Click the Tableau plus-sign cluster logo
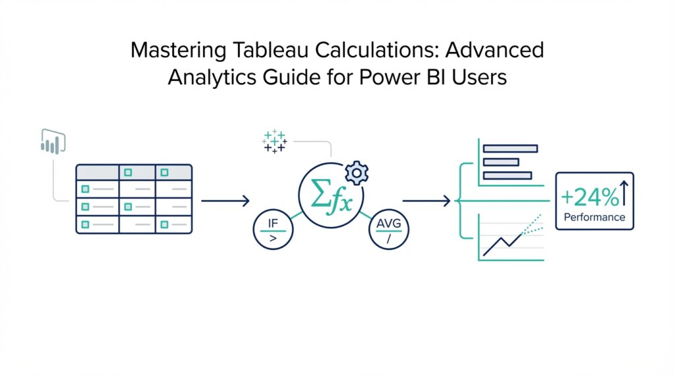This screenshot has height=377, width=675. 274,140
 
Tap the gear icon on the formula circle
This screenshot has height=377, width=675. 357,173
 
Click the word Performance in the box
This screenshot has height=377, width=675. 594,217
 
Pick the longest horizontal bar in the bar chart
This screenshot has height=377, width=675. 510,148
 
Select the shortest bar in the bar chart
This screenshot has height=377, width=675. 500,161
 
